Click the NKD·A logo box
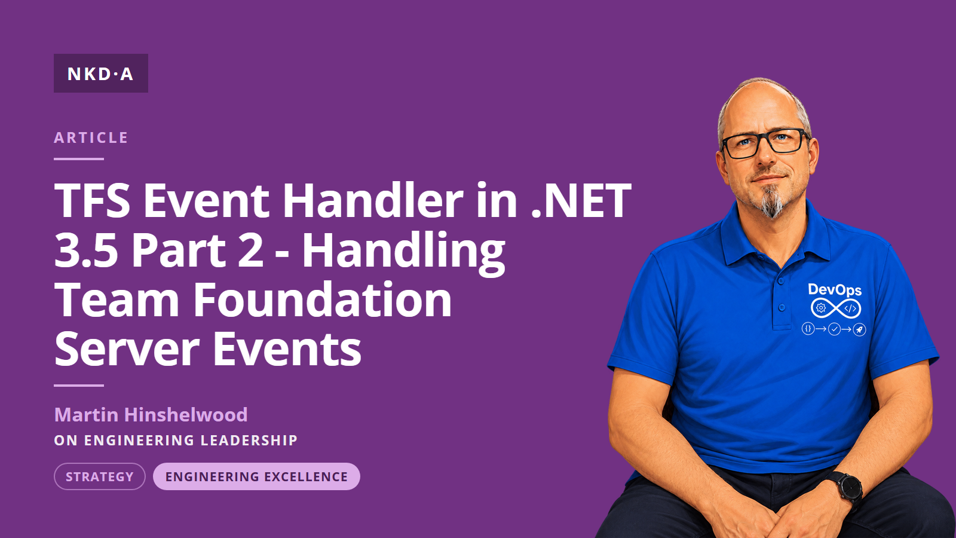pos(101,73)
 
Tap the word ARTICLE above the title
pos(91,137)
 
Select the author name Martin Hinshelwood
pos(151,415)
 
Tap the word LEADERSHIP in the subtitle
pos(249,440)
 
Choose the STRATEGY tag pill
pos(100,476)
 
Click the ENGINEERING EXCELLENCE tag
pos(256,476)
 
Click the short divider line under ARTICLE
pos(79,159)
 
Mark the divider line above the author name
pos(79,386)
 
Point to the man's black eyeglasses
pos(764,143)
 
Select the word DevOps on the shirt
pos(835,290)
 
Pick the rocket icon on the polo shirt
pos(860,329)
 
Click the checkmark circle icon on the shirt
pos(834,329)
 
